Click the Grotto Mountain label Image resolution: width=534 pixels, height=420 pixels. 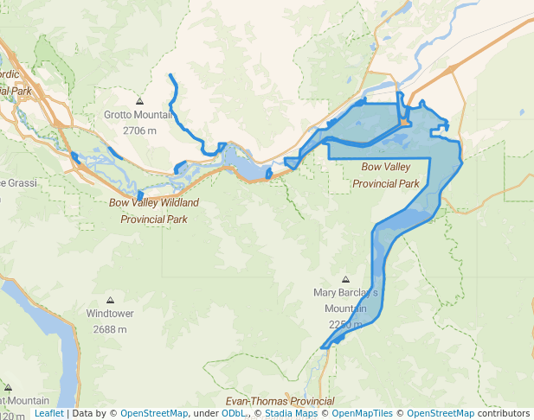click(138, 115)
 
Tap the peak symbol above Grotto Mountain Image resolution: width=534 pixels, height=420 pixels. click(138, 101)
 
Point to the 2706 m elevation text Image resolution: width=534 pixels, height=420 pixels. click(138, 130)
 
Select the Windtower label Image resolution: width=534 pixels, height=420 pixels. click(110, 314)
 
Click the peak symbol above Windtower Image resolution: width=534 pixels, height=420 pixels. click(109, 300)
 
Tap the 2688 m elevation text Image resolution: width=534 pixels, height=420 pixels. click(110, 329)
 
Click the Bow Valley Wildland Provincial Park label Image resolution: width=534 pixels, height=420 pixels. click(154, 211)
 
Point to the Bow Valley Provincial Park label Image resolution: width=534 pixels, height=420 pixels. click(386, 174)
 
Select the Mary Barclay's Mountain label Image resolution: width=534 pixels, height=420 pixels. click(345, 301)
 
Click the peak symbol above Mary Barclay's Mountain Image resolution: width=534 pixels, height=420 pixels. click(345, 280)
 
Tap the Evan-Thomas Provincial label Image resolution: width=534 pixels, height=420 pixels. click(280, 402)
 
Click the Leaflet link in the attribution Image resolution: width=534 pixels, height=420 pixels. click(48, 414)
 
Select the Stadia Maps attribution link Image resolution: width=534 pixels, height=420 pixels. click(291, 414)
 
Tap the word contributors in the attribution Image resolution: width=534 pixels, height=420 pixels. click(504, 414)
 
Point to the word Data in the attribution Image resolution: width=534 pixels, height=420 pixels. click(83, 414)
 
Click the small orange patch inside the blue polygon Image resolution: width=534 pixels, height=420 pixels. click(406, 123)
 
